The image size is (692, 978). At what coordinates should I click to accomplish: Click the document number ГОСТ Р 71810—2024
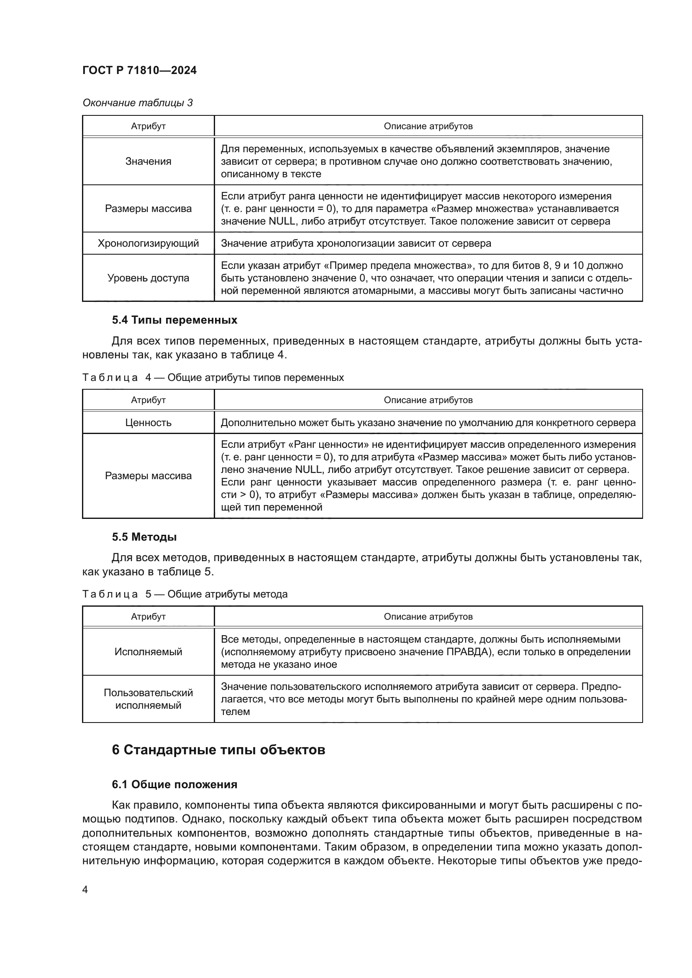[x=139, y=71]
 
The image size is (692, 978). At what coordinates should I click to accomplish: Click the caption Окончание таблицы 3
[x=137, y=103]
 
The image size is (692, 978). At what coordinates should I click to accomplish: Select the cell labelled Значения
[x=148, y=161]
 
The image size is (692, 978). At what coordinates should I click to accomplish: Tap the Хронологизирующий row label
[x=148, y=243]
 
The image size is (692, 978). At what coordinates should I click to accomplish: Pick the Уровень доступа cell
[x=148, y=278]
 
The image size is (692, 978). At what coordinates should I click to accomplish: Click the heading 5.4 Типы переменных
[x=175, y=320]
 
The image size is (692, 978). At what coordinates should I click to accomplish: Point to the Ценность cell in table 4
[x=148, y=423]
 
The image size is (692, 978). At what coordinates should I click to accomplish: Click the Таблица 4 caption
[x=213, y=378]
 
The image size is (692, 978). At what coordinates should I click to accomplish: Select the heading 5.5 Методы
[x=144, y=537]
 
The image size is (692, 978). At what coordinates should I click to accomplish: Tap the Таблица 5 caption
[x=185, y=594]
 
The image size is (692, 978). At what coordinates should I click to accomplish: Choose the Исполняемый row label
[x=148, y=652]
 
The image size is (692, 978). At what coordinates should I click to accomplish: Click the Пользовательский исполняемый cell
[x=148, y=699]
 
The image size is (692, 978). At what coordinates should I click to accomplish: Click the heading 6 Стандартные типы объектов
[x=218, y=750]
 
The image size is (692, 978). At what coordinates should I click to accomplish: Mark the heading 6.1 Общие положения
[x=175, y=784]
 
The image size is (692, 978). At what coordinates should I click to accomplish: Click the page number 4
[x=85, y=889]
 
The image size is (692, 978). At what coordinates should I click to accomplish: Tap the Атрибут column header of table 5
[x=148, y=616]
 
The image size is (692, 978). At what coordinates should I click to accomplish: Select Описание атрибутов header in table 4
[x=428, y=400]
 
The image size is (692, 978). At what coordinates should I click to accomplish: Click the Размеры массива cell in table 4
[x=148, y=476]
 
